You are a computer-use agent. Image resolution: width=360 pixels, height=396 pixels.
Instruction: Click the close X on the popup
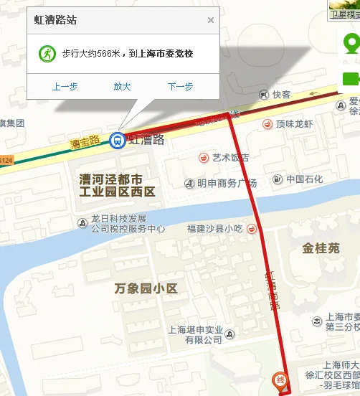211,20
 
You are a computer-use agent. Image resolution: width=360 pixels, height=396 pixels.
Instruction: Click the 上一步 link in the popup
65,86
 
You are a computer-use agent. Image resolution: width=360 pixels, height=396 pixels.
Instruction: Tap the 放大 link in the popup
122,86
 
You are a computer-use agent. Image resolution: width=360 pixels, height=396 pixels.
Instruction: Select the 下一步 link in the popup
180,86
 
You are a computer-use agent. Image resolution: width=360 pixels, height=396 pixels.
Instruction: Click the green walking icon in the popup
47,53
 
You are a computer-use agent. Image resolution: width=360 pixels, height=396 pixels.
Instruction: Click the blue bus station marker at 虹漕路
116,140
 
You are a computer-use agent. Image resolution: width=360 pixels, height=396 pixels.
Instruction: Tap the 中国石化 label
304,179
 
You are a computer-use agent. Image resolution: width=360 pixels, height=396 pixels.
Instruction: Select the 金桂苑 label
321,248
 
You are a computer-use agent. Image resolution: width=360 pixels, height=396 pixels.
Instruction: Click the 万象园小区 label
146,288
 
